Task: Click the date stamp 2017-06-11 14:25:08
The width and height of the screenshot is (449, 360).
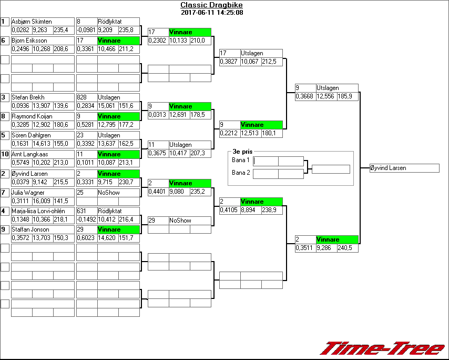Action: coord(212,13)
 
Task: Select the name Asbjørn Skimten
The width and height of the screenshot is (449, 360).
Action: coord(32,22)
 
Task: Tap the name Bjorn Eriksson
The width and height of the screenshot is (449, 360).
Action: coord(29,41)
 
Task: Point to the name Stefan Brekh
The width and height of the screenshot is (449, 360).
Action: coord(28,97)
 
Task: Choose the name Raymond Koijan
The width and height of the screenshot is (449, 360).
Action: coord(32,116)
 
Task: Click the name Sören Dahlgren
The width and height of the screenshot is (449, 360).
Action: coord(30,135)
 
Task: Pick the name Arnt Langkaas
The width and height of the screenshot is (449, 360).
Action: coord(30,154)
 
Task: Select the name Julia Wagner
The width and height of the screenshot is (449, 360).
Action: coord(26,193)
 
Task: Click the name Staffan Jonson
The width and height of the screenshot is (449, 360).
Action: coord(29,229)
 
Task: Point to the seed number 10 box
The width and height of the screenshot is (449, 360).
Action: coord(5,154)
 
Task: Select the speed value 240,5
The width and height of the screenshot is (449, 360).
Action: coord(345,247)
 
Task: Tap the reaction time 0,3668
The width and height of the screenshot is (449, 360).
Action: coord(304,96)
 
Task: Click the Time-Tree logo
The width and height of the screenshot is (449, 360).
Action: coord(382,348)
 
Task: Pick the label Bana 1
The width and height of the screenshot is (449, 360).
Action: coord(240,160)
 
